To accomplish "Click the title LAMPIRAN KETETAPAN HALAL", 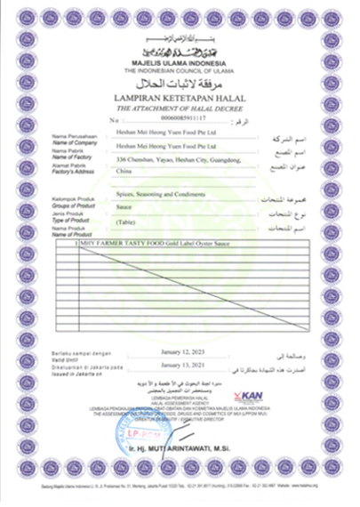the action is [180, 94].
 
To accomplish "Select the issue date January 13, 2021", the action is [185, 365].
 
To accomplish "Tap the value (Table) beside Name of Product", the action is [126, 221].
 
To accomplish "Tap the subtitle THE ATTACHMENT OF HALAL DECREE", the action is [180, 106].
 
